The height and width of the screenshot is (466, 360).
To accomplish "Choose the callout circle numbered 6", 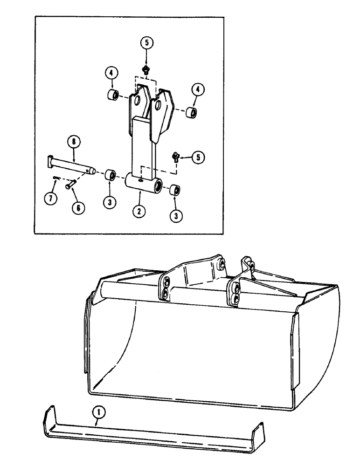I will pyautogui.click(x=78, y=208).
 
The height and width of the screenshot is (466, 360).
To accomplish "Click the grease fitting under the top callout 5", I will pyautogui.click(x=146, y=70).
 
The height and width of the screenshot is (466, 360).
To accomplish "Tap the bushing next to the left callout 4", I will pyautogui.click(x=112, y=96).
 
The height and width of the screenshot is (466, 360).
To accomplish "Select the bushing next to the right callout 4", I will pyautogui.click(x=191, y=112).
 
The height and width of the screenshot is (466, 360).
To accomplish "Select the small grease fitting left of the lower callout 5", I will pyautogui.click(x=176, y=157).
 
